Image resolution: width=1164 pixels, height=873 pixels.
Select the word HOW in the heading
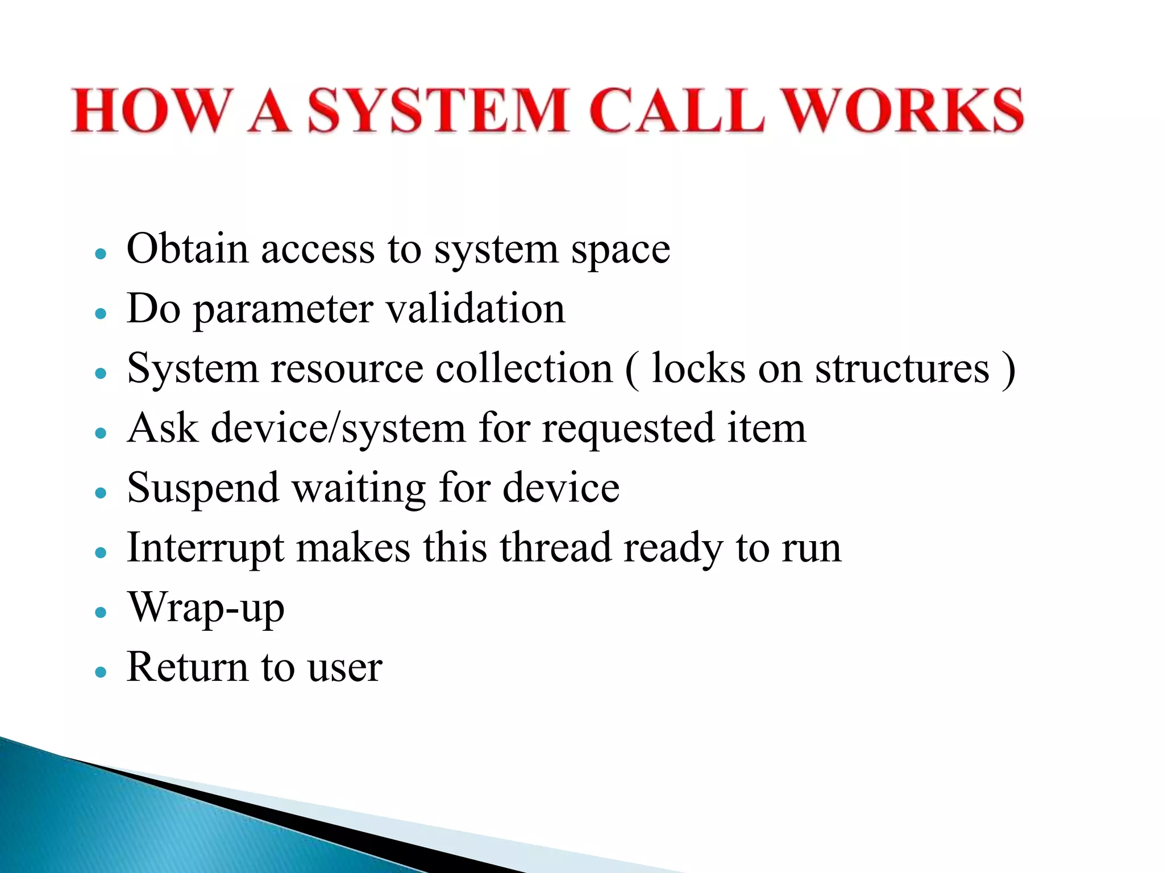[152, 111]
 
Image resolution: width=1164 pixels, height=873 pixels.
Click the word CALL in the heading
[676, 111]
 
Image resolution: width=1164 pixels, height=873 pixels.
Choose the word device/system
[338, 430]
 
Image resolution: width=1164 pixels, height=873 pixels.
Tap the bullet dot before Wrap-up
[101, 613]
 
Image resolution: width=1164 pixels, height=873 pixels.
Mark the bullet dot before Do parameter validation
[101, 313]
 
